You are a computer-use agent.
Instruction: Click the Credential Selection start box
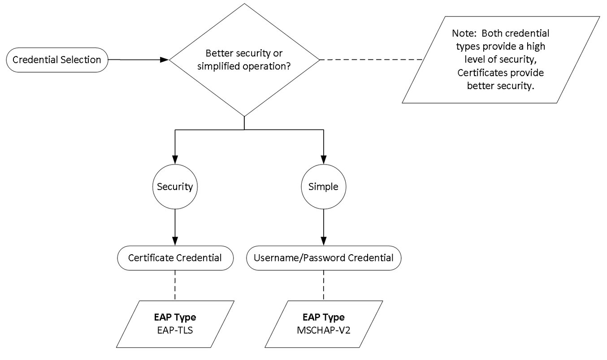tap(57, 60)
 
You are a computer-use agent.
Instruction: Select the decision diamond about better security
tap(244, 60)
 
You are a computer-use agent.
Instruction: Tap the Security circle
tap(175, 187)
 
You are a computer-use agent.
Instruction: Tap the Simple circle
tap(323, 187)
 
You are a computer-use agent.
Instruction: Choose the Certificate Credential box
tap(175, 258)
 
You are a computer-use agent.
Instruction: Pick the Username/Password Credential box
tap(323, 258)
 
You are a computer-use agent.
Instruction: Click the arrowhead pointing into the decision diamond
tap(165, 60)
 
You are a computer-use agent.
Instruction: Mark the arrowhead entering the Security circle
tap(175, 160)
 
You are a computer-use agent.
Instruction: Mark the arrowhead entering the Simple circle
tap(323, 160)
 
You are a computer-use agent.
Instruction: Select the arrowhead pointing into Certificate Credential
tap(175, 241)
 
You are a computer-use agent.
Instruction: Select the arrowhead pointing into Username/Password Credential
tap(323, 241)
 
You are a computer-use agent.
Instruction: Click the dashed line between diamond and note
tap(371, 60)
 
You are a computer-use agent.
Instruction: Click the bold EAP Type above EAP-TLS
tap(175, 317)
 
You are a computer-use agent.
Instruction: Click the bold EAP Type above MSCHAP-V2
tap(323, 317)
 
